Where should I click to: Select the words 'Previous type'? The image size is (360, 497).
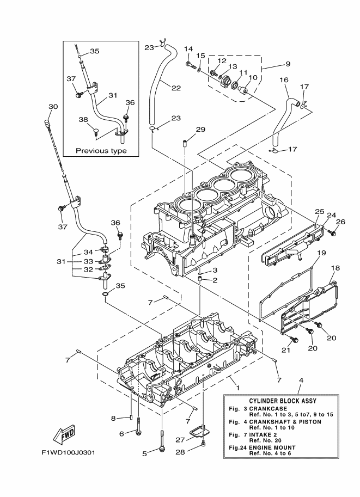coord(101,151)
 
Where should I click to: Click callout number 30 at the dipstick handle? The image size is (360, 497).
coord(53,106)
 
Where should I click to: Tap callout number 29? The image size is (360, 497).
coord(186,129)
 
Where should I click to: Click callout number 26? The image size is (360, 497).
coord(340,222)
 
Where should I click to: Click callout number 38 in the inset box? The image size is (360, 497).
coord(83,120)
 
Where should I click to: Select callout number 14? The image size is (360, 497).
coord(188,49)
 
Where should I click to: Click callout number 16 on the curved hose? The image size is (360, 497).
coord(284,80)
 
